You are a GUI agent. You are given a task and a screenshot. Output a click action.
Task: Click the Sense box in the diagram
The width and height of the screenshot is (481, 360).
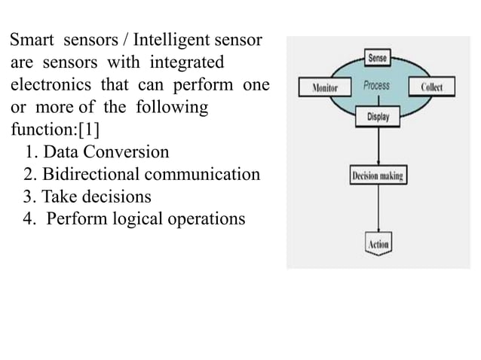376,57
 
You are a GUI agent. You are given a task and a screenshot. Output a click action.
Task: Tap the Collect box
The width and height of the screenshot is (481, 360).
431,86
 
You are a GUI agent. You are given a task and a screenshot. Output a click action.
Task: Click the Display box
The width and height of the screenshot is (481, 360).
377,117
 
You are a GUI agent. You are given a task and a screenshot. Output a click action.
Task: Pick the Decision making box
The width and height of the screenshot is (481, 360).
377,176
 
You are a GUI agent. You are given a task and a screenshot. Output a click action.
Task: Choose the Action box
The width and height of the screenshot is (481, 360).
377,244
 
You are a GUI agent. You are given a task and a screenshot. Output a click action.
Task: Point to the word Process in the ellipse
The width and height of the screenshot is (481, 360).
376,86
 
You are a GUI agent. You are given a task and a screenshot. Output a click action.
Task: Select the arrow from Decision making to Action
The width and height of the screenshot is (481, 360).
377,210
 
